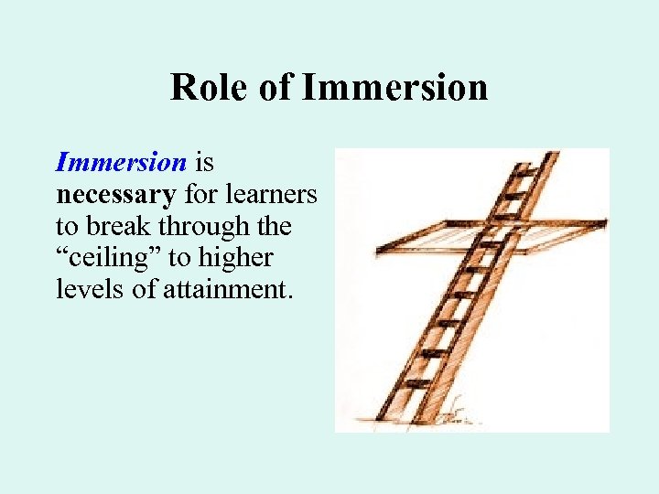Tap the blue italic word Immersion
coord(121,163)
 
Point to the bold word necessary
coord(115,195)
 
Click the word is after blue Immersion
coord(206,163)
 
